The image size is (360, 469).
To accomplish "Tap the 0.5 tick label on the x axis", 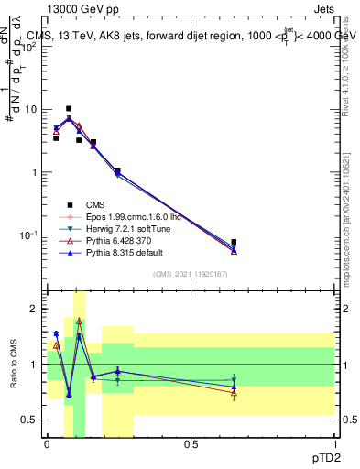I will (191, 444).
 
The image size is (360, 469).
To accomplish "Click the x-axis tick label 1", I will (333, 444).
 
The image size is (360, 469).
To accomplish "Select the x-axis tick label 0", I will (47, 444).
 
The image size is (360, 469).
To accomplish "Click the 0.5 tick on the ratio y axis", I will (30, 420).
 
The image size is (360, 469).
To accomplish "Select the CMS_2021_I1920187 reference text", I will (190, 276).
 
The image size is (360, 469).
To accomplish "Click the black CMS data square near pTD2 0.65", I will (234, 243).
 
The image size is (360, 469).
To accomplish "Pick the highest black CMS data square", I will (69, 108).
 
